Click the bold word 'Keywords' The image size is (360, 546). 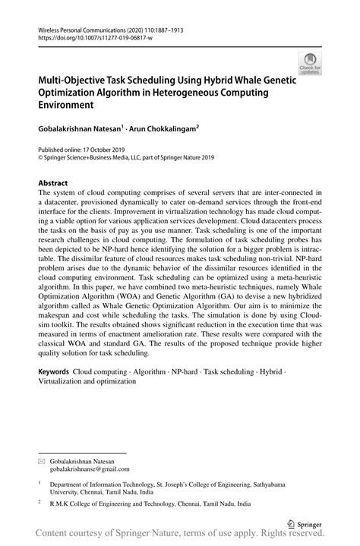point(54,371)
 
